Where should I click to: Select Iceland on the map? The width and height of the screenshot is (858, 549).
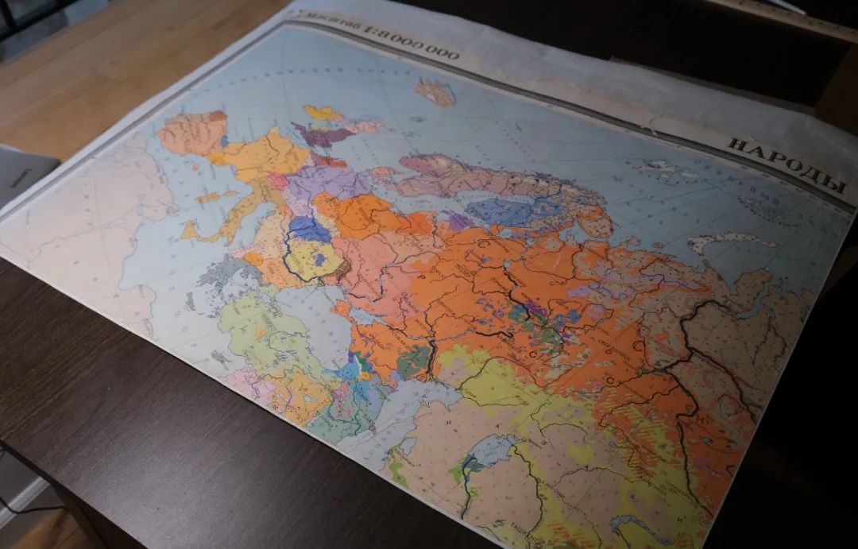coord(436,92)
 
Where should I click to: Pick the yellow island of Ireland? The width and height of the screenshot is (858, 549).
coord(323,113)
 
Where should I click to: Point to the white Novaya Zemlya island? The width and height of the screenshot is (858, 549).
coord(731,240)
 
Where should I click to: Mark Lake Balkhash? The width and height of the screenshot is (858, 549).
coord(636,524)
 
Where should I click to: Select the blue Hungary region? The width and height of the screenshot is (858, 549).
coord(308,230)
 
